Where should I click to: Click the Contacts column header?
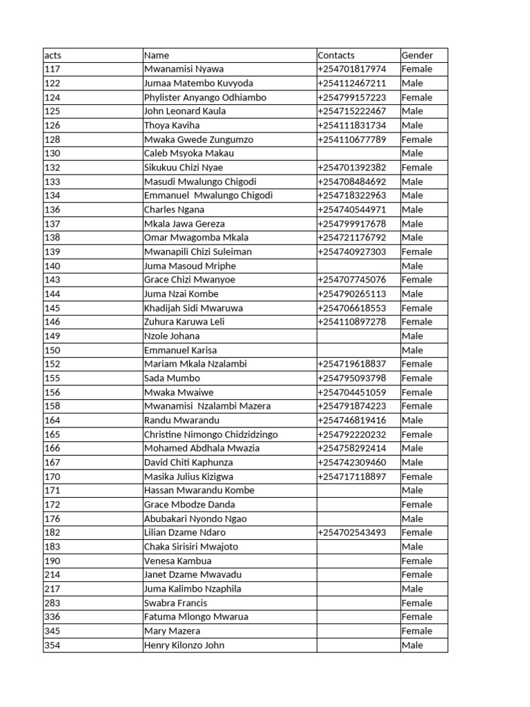[x=336, y=55]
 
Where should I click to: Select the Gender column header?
[x=417, y=55]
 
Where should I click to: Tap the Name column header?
[x=157, y=55]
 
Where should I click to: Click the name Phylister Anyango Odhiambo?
[x=205, y=97]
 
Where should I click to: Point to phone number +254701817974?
[x=352, y=69]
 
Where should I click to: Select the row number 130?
[x=52, y=153]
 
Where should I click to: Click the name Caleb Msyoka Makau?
[x=188, y=153]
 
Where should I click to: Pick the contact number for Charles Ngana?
[x=352, y=210]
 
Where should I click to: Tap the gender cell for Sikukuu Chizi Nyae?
[x=417, y=168]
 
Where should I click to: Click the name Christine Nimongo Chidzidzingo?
[x=210, y=434]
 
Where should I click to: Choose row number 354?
[x=52, y=646]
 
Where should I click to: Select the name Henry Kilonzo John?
[x=184, y=646]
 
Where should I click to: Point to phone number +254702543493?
[x=352, y=533]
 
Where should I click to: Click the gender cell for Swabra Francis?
[x=417, y=603]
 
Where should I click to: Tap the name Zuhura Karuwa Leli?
[x=184, y=322]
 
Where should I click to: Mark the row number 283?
[x=52, y=603]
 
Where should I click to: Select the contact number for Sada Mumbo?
[x=352, y=378]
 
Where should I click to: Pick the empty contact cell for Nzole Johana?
[x=358, y=336]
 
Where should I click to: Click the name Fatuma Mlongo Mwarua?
[x=196, y=617]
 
